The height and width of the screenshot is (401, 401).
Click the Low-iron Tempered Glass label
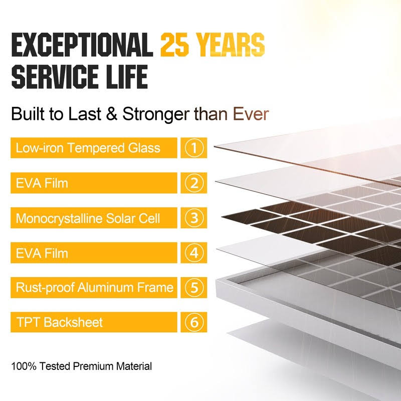[88, 148]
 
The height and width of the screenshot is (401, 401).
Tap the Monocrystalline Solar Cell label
[88, 219]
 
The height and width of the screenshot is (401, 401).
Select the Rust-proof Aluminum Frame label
[94, 288]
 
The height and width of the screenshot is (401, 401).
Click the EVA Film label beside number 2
[42, 183]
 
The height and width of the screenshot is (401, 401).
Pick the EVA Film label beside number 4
[42, 253]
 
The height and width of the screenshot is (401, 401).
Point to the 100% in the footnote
[23, 366]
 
